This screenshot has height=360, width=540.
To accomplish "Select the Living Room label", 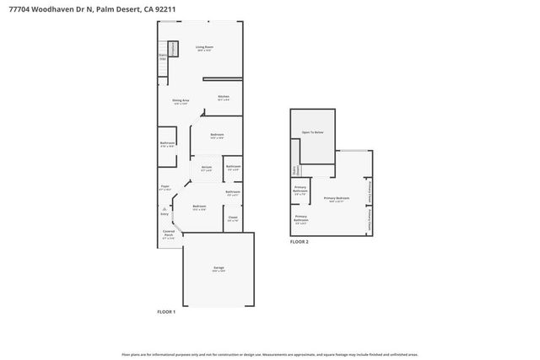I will point(204,48).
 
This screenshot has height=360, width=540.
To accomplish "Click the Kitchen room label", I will point(224,97).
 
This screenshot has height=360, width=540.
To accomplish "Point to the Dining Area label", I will point(181,101).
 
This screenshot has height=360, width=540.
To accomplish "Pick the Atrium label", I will point(206,168).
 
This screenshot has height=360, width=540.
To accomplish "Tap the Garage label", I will point(219,269).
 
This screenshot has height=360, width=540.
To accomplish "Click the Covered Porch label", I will point(169,233).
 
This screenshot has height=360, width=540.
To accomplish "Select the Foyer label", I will point(165,186).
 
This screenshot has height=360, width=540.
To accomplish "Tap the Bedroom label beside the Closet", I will point(199,207).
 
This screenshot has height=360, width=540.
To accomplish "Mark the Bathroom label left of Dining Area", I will point(167,143).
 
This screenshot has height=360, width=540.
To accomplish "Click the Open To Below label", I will point(313,133).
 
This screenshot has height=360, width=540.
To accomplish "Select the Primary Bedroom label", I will point(335,199).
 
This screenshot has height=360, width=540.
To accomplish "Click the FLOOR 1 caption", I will point(166,312).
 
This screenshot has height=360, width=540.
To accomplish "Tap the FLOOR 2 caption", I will point(300,242).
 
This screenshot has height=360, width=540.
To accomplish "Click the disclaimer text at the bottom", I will point(270,354).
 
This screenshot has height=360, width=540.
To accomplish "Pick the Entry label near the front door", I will point(165,214).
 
